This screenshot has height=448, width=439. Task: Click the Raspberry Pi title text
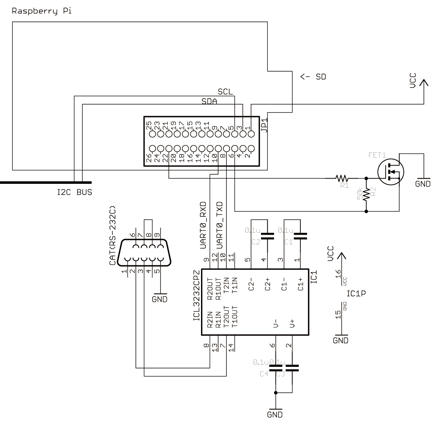(x=42, y=11)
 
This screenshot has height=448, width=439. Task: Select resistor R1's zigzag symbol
(x=342, y=178)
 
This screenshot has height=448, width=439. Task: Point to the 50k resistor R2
(x=366, y=195)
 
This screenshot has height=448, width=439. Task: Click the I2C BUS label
(x=74, y=193)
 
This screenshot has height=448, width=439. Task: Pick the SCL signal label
(x=225, y=92)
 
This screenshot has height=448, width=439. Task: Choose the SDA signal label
(x=209, y=101)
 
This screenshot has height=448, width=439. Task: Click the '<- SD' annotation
(x=313, y=77)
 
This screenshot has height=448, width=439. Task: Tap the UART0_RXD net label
(x=203, y=225)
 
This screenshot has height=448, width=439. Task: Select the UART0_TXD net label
(x=219, y=225)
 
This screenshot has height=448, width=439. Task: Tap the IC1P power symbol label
(x=356, y=294)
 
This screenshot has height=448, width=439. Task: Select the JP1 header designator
(x=264, y=124)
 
